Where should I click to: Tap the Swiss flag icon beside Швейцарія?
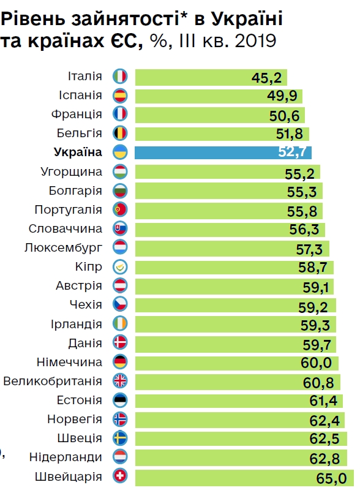click(x=119, y=476)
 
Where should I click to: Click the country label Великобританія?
click(x=53, y=381)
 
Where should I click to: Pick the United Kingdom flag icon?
click(x=119, y=381)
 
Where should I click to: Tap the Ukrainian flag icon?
click(x=119, y=152)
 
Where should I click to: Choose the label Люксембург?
click(x=63, y=247)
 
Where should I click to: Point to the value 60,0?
click(x=316, y=363)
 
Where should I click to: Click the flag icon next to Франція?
click(x=119, y=115)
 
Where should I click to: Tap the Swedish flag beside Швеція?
click(x=119, y=438)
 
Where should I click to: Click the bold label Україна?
click(x=78, y=152)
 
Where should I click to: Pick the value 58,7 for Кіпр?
click(x=312, y=268)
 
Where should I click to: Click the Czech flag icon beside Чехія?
click(x=119, y=304)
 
